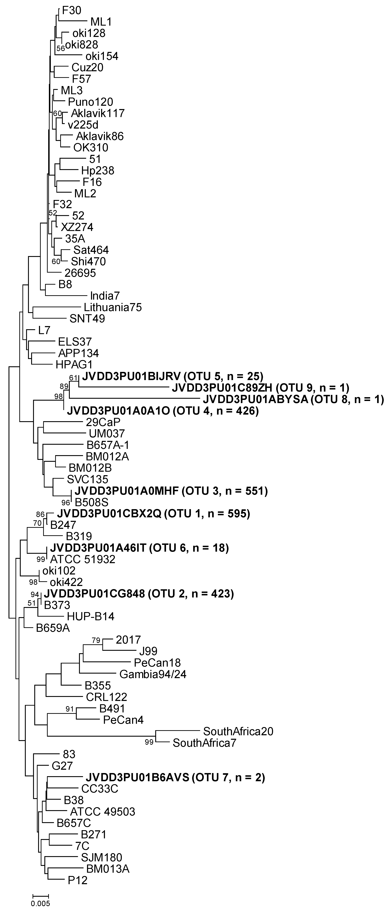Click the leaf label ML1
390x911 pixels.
point(101,22)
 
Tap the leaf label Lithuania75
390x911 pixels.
point(113,307)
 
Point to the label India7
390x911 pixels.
point(105,296)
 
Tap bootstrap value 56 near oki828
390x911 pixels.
point(61,48)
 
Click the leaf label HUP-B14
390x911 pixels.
point(91,616)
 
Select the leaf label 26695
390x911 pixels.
point(80,273)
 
